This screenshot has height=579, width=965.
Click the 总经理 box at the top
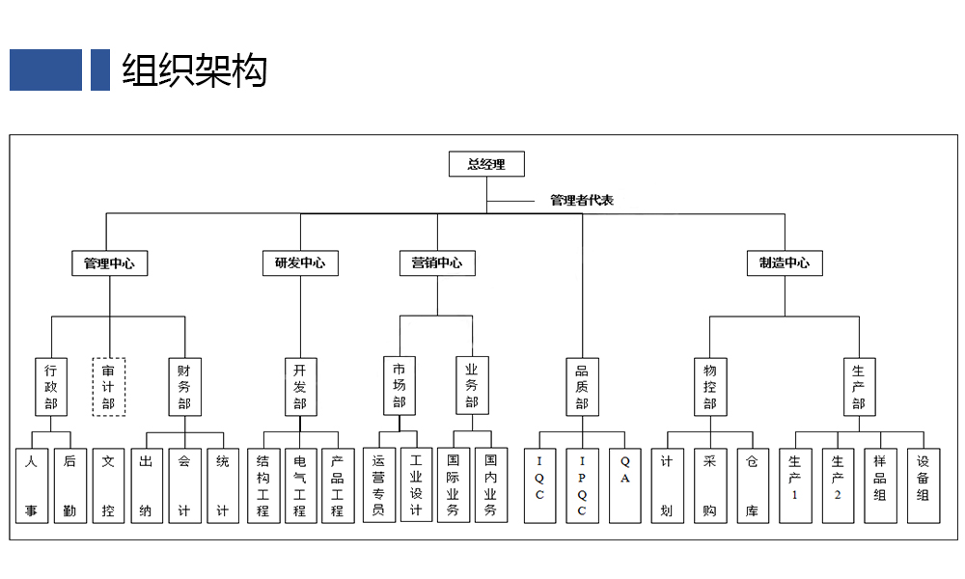(486, 164)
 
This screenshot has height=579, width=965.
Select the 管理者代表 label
(582, 200)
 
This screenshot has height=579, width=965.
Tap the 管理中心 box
(110, 263)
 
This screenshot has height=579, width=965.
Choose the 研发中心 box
(300, 262)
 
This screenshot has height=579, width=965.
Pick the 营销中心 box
(437, 262)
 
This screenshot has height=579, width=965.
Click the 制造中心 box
(785, 262)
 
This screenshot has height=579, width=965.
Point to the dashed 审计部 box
(109, 387)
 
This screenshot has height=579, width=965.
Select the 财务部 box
(184, 387)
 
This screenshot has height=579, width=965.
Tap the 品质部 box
(582, 387)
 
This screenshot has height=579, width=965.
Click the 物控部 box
(710, 387)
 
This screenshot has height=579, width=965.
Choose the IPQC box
(582, 485)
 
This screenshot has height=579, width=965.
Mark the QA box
(624, 485)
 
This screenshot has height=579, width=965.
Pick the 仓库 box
(753, 485)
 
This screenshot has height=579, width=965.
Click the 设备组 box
(924, 485)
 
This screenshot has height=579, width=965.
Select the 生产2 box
(838, 485)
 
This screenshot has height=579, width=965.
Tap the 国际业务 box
(453, 484)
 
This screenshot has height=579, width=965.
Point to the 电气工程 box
(300, 485)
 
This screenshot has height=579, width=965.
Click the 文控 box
(108, 485)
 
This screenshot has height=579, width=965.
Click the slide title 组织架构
(195, 70)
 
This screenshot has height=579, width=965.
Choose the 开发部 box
(300, 387)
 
